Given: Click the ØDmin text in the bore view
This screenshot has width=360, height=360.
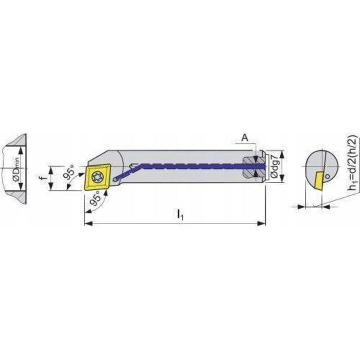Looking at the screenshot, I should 14,168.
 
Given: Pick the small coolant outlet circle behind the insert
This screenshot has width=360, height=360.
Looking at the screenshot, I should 116,178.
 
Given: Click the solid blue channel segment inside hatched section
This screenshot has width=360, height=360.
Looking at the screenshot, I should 255,165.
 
